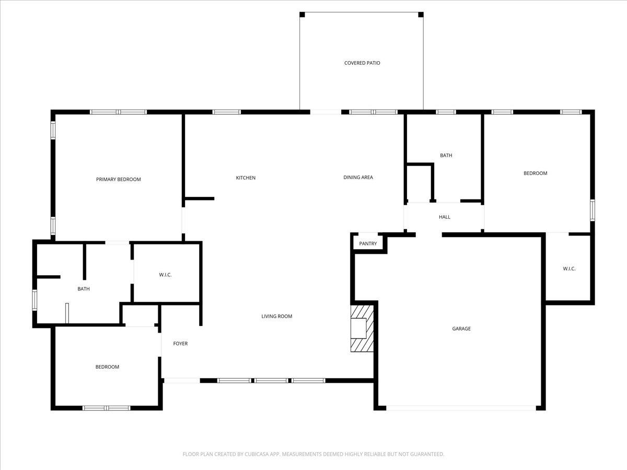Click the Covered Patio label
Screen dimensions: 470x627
[362, 63]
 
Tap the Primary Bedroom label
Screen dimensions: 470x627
[119, 180]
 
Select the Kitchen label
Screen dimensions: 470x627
[246, 178]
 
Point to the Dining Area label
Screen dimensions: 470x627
[358, 178]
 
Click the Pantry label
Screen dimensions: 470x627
[368, 244]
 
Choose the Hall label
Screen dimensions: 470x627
[445, 217]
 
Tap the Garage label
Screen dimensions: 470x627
[461, 329]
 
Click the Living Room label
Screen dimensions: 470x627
[277, 316]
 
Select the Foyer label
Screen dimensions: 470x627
[180, 344]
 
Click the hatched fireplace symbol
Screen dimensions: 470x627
[363, 328]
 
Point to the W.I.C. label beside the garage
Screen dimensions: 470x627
[569, 269]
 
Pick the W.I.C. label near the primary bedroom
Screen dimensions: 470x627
[166, 275]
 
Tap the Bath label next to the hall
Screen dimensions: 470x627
[446, 156]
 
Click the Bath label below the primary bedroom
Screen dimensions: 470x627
[84, 289]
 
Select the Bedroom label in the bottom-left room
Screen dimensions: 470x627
[107, 367]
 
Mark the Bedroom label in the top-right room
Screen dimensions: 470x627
[536, 173]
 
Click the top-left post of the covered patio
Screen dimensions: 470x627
[302, 15]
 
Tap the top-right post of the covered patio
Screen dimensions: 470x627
[421, 15]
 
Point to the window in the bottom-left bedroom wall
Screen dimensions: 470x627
[107, 408]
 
